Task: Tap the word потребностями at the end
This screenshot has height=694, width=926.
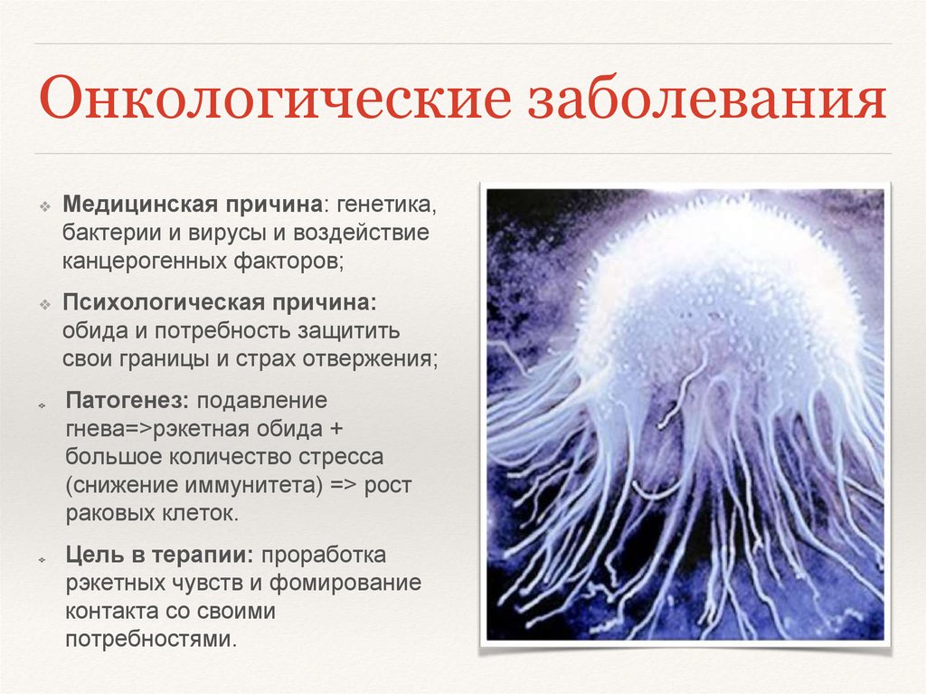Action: pos(150,639)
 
